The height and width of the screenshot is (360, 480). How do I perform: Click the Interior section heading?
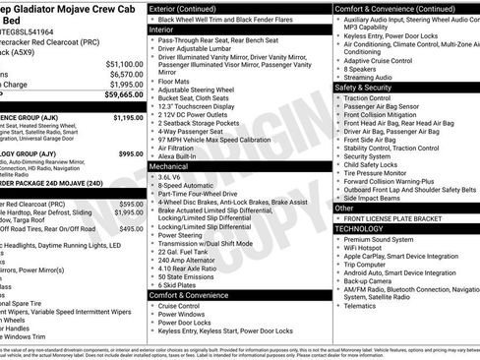pos(162,30)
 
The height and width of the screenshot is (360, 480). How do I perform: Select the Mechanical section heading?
pos(169,167)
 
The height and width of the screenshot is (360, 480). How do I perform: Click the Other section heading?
pos(344,209)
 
